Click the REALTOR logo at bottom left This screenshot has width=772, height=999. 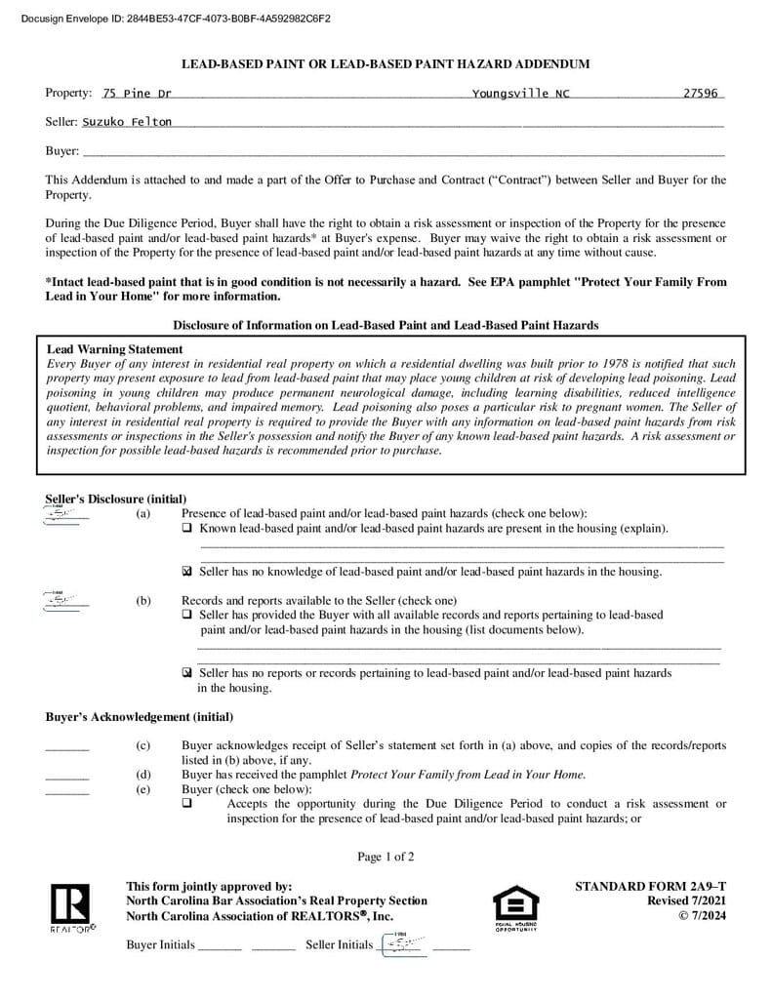72,907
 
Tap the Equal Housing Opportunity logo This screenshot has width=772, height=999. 515,907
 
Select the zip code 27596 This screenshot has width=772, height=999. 701,94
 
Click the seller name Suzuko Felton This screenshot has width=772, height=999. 127,122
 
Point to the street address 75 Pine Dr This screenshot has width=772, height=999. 137,94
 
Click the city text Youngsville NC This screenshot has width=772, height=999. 520,94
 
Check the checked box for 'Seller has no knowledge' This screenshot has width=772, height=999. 187,572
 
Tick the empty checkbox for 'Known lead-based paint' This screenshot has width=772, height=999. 187,528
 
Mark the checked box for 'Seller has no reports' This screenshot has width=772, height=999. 187,673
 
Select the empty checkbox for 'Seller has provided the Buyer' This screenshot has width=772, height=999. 187,616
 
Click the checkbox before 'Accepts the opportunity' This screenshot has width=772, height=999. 187,804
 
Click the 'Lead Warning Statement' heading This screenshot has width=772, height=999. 114,349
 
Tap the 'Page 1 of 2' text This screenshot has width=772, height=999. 386,857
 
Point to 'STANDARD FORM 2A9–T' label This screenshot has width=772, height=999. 650,886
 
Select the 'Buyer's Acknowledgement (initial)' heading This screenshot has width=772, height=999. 140,717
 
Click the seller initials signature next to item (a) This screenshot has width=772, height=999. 64,515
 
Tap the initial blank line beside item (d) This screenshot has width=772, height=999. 66,777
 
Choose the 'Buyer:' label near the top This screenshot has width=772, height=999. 62,151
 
